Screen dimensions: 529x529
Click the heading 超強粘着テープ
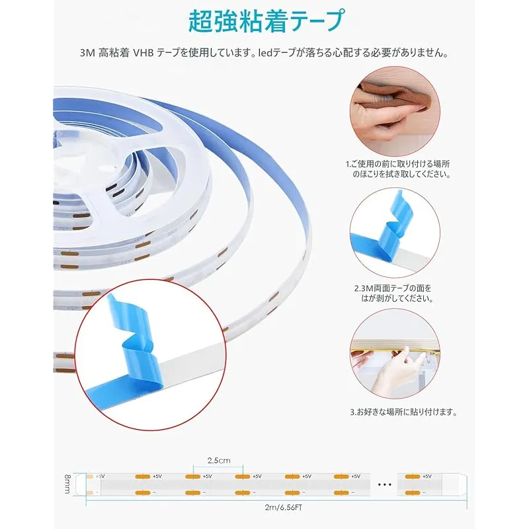tap(266, 21)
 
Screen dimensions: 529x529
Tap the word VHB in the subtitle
tap(143, 53)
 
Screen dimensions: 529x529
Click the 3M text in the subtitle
tap(87, 53)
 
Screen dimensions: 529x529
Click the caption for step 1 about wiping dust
tap(398, 169)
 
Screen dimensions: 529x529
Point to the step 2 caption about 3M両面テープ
tap(393, 293)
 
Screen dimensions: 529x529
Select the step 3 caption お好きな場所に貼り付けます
tap(403, 412)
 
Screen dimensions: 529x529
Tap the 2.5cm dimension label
tap(219, 460)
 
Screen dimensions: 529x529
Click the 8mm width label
tap(67, 484)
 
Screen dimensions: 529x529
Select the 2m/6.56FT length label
tap(284, 507)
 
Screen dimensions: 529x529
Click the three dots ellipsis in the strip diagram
tap(384, 485)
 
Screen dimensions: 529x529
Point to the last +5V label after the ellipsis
tap(427, 476)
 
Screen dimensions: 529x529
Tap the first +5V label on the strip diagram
tap(101, 476)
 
